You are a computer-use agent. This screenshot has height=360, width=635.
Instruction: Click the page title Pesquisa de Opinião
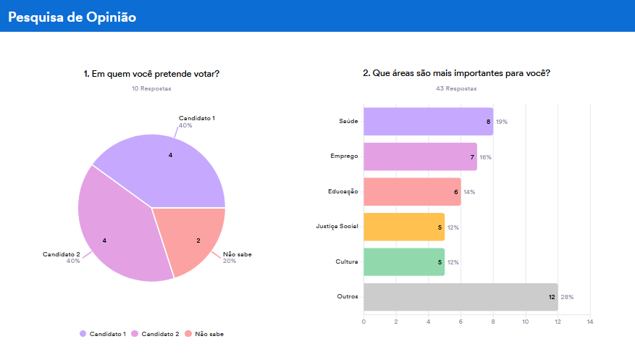pos(72,17)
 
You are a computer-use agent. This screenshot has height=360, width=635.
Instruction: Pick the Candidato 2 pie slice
pos(116,232)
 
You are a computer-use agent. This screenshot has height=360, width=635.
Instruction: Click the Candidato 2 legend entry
pos(159,334)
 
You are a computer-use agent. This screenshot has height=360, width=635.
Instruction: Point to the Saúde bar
pos(427,122)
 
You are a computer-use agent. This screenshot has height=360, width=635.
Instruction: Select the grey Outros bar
pos(460,297)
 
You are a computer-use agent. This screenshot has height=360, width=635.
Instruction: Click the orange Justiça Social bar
pos(403,227)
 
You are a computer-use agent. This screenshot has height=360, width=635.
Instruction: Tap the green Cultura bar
pos(403,262)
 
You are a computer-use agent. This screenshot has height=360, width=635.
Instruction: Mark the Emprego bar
pos(419,156)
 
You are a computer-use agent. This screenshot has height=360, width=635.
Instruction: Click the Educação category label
pos(342,192)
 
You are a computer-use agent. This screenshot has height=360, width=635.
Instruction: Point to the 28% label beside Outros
pos(567,297)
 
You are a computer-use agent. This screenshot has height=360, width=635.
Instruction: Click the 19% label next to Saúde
pos(502,122)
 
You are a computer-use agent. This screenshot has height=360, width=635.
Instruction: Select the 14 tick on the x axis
pos(590,321)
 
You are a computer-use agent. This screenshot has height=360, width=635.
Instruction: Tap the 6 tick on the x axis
pos(461,321)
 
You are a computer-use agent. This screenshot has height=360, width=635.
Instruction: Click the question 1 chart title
pos(151,74)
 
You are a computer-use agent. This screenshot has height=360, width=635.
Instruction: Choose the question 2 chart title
pos(456,74)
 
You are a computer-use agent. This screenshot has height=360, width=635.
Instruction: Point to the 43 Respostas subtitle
pos(456,88)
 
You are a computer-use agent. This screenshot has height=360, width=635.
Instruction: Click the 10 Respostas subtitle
pos(151,88)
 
